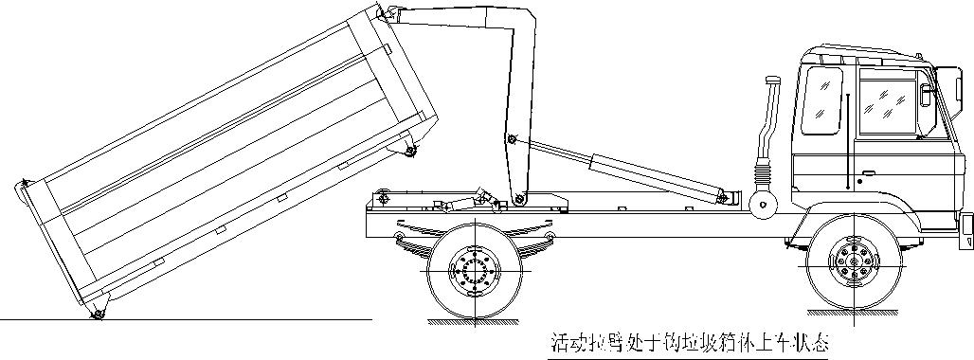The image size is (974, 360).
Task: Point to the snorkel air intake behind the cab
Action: tap(768, 114)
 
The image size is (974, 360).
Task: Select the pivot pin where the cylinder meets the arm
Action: tap(512, 140)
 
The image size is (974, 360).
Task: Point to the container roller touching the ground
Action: tap(97, 315)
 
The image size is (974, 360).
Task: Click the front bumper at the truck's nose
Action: tap(966, 225)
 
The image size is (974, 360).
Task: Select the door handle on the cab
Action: tap(858, 178)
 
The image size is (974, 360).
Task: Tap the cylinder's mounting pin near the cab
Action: tap(729, 197)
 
